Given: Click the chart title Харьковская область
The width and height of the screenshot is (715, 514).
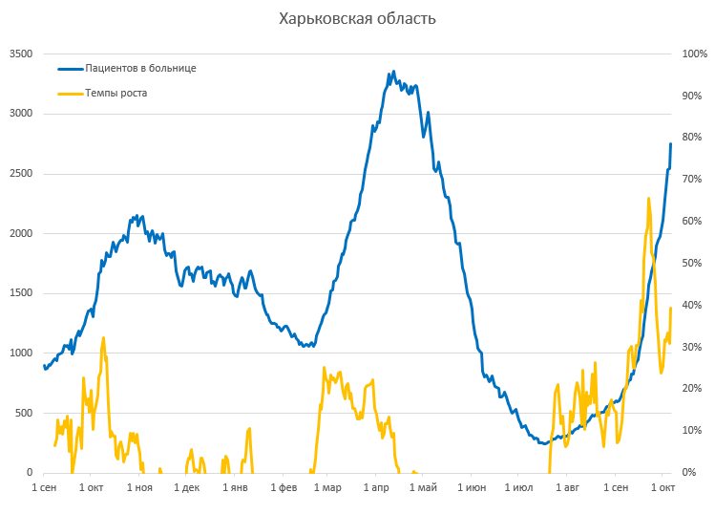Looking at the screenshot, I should click(x=357, y=19).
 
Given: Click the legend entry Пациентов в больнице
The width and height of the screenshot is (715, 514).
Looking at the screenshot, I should click(x=140, y=69).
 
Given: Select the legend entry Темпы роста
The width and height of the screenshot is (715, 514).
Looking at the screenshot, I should click(x=116, y=94).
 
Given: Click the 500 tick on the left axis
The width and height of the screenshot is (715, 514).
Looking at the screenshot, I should click(x=24, y=413).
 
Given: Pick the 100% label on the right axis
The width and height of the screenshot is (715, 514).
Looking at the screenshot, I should click(x=692, y=54).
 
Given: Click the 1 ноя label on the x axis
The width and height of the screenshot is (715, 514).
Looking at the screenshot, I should click(x=138, y=489).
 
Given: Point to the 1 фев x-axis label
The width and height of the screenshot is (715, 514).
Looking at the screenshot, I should click(x=284, y=489).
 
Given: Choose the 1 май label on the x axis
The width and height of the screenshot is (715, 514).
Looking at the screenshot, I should click(x=423, y=489).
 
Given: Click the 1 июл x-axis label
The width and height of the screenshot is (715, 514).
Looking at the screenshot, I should click(x=517, y=489).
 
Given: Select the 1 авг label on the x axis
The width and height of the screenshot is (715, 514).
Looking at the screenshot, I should click(x=566, y=489).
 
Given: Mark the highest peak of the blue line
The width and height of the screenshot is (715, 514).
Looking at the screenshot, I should click(x=393, y=72).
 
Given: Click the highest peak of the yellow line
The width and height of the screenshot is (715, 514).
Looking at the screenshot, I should click(x=649, y=199).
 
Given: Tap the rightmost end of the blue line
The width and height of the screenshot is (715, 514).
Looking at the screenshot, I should click(x=671, y=144).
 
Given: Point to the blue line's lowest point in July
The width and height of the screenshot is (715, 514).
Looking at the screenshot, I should click(x=542, y=443).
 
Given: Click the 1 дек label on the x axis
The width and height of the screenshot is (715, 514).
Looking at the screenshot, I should click(x=187, y=489).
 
